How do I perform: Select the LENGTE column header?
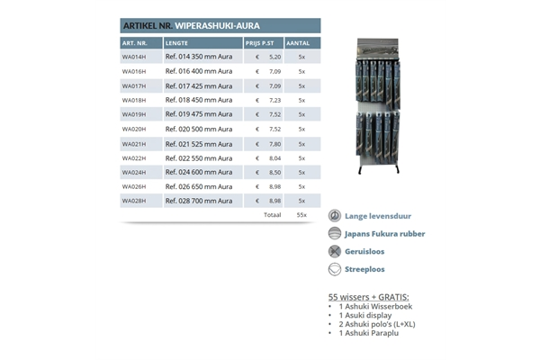click(176, 42)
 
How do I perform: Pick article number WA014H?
click(134, 57)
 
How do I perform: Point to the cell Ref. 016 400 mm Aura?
click(199, 71)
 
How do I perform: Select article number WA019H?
click(134, 114)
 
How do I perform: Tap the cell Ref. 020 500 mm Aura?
click(199, 129)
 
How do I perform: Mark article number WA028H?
click(134, 201)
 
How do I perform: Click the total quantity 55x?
click(301, 215)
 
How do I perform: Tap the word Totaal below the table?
click(272, 215)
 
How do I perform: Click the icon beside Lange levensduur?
click(335, 216)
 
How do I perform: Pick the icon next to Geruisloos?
click(335, 251)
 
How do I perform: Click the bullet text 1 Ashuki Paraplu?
click(369, 333)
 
